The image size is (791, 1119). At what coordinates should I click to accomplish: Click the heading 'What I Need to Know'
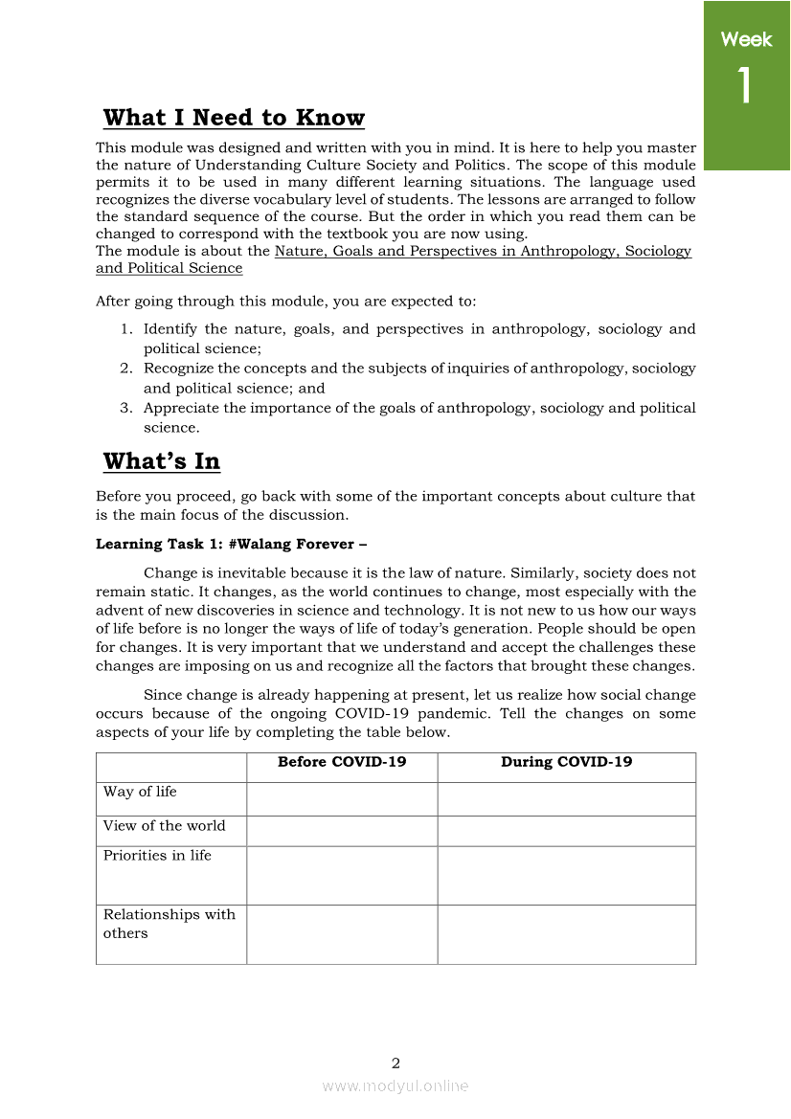tap(234, 118)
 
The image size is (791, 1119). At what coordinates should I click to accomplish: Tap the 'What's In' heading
tap(161, 461)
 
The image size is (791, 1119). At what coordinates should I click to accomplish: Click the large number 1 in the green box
tap(745, 86)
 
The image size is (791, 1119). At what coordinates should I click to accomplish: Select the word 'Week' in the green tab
tap(746, 39)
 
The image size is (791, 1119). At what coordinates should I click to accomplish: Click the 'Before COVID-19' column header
tap(342, 762)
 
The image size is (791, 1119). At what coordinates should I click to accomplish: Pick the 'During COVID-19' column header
tap(566, 762)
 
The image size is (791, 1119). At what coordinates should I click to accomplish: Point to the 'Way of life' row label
tap(140, 792)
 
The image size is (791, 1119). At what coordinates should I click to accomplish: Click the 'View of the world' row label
tap(164, 826)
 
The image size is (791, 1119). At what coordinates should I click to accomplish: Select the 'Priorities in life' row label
tap(157, 856)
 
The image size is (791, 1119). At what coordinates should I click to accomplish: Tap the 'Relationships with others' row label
tap(169, 924)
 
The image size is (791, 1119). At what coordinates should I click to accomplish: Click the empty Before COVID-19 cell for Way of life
tap(342, 799)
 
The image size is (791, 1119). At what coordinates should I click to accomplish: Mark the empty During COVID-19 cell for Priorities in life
tap(566, 876)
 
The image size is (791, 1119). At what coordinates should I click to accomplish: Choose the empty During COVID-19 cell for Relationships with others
tap(566, 934)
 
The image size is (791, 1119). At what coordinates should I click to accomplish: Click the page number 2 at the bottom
tap(395, 1063)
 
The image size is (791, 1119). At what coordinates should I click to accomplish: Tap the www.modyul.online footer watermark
tap(395, 1085)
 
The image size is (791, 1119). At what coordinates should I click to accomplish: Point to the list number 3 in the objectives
tap(125, 408)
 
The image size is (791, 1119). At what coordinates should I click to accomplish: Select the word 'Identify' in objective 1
tap(171, 329)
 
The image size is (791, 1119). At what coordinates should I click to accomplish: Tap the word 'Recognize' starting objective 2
tap(181, 369)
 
